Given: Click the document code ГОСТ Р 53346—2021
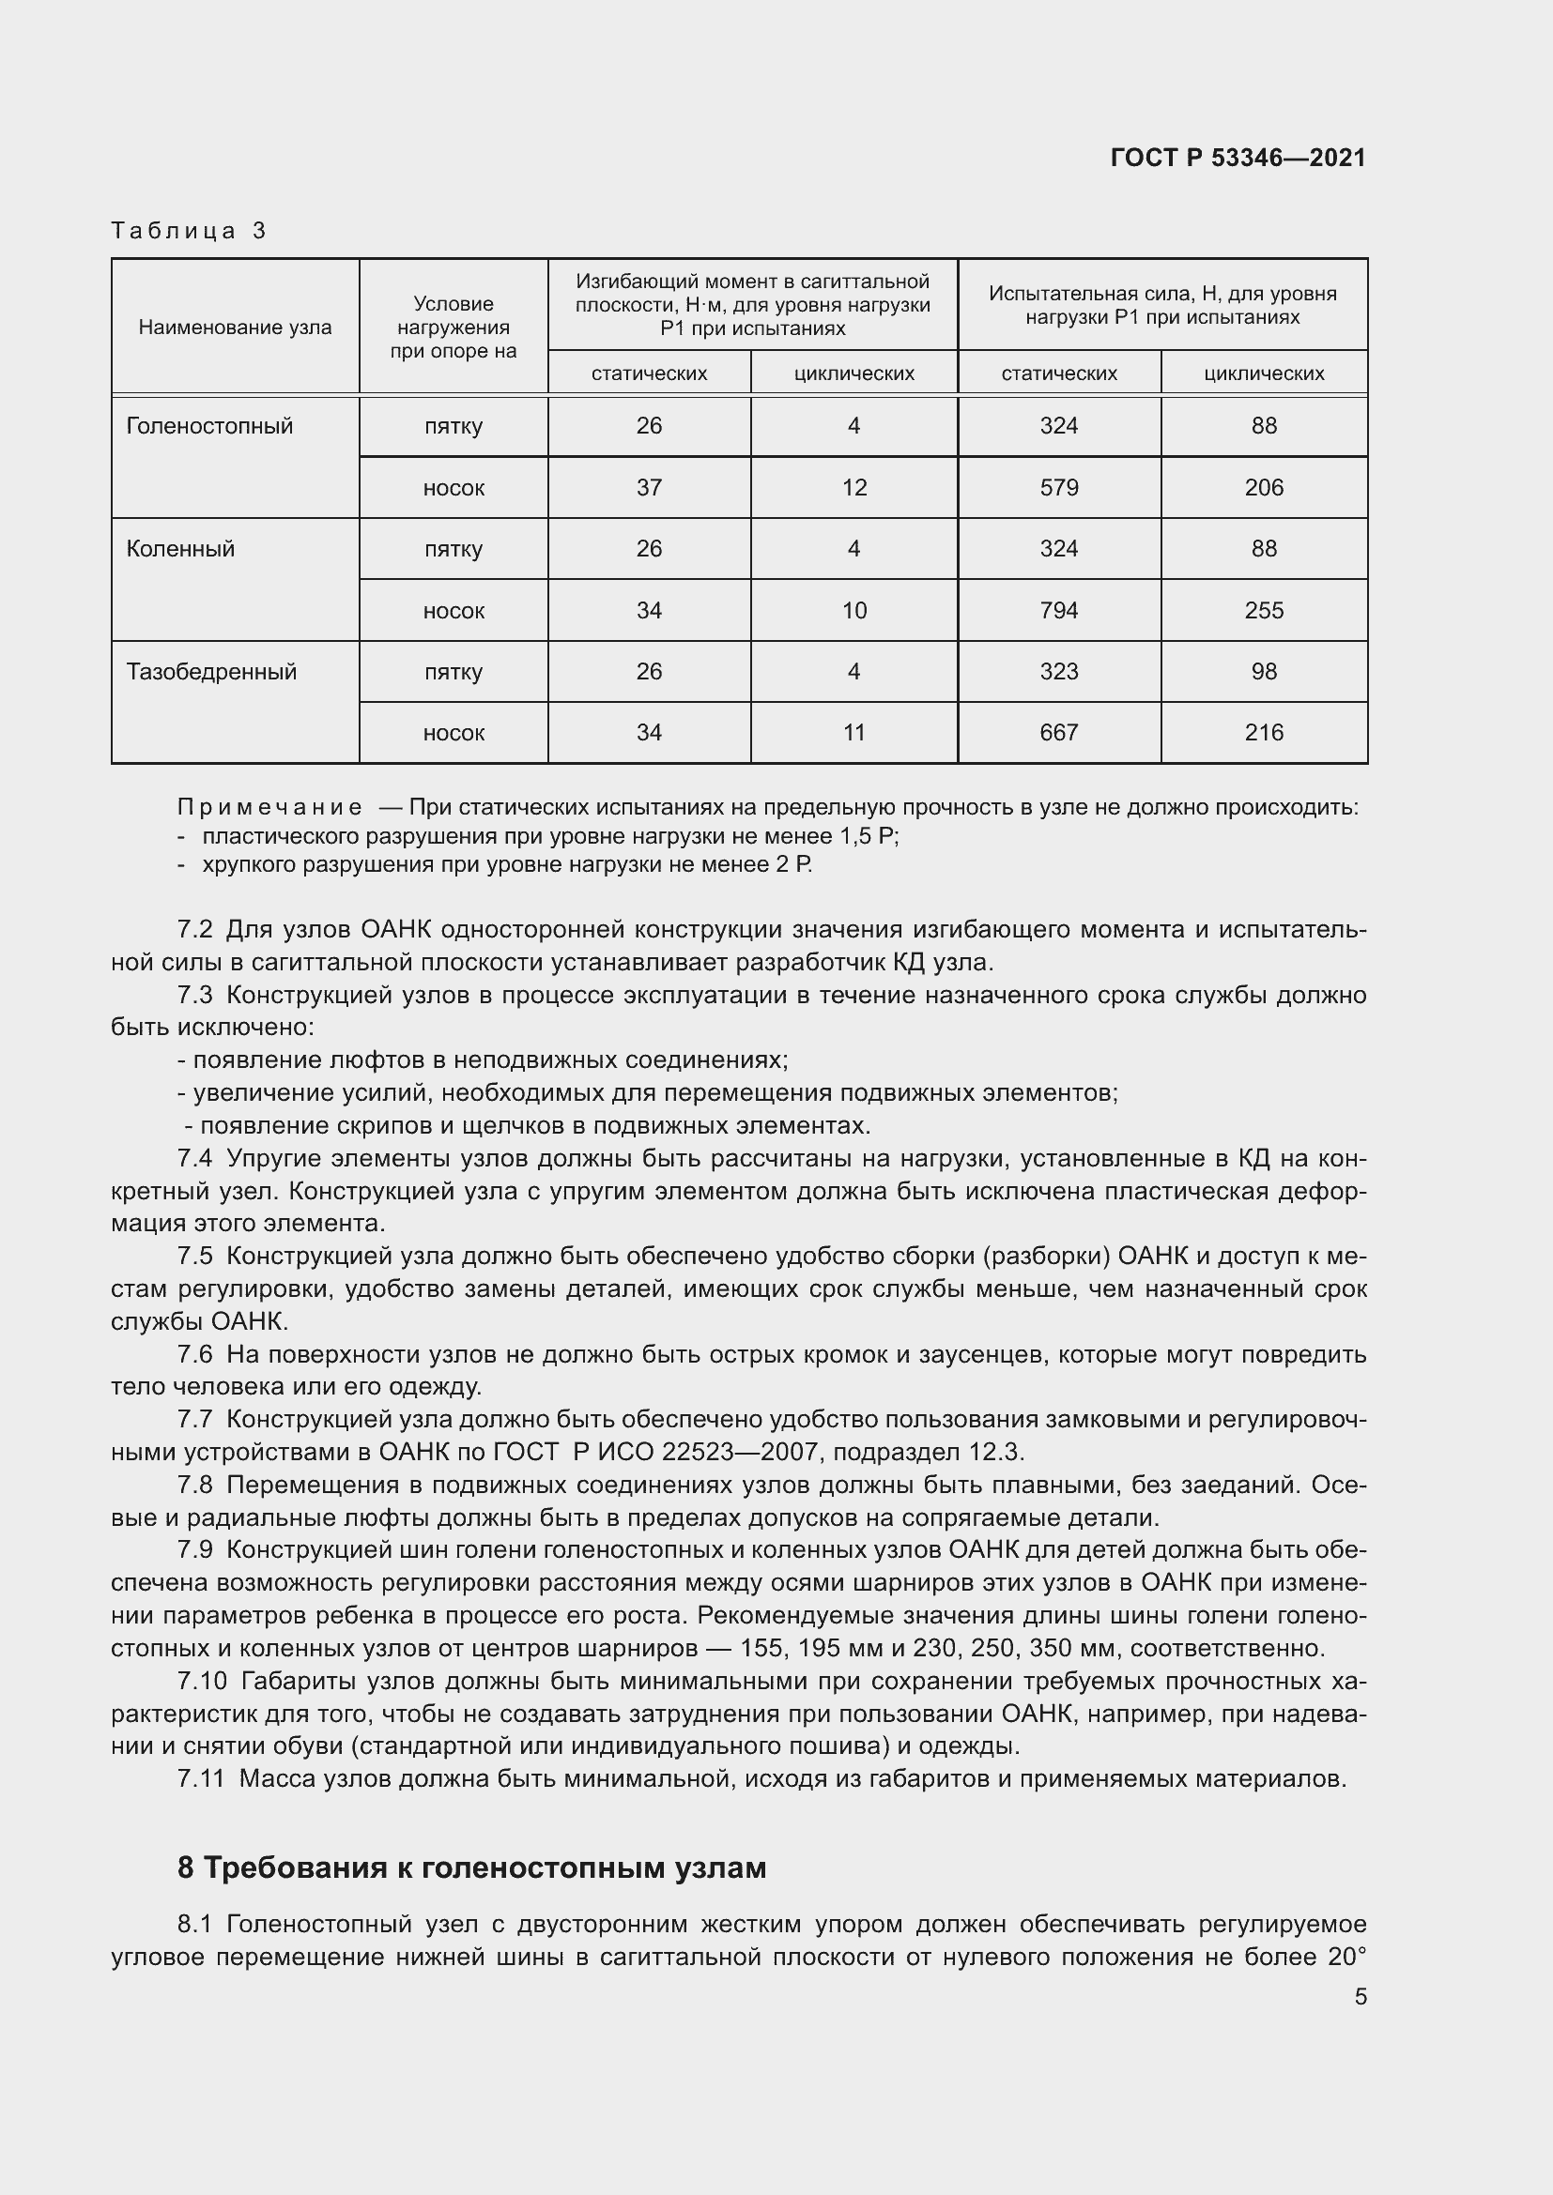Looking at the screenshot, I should tap(1238, 158).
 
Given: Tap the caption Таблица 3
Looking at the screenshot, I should tap(189, 231).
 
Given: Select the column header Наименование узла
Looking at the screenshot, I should tap(236, 327).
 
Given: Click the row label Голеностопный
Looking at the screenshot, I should tap(209, 426).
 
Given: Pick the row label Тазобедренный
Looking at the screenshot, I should tap(211, 671).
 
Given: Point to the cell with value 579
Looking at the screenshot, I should tap(1058, 488).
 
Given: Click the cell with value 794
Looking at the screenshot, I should tap(1058, 610).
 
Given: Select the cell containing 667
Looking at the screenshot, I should tap(1058, 732).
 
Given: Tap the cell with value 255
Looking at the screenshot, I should tap(1263, 610).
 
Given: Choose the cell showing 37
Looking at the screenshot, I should tap(649, 488).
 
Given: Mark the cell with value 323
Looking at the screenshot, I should tap(1058, 671).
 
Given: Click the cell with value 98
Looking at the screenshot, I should tap(1263, 671).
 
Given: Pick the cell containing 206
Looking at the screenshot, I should tap(1263, 488).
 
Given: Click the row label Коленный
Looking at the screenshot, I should tap(180, 549).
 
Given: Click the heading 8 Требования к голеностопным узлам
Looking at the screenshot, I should tap(471, 1867).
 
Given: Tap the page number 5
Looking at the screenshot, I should tap(1360, 1997).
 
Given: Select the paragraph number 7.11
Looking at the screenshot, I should tap(200, 1779).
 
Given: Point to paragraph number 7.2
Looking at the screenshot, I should tap(195, 929).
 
